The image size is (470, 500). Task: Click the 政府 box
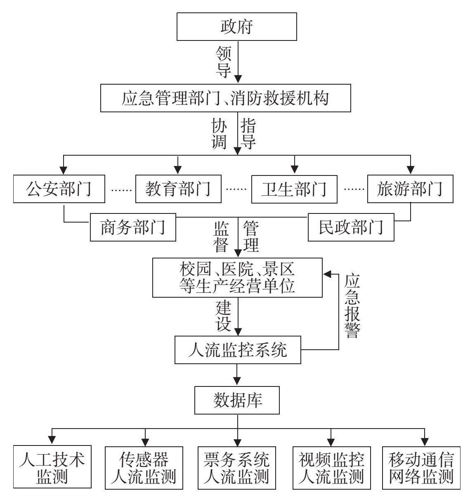237,26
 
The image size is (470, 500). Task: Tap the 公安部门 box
59,189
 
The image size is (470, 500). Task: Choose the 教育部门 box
178,189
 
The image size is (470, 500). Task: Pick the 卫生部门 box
294,189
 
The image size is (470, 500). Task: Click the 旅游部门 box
410,189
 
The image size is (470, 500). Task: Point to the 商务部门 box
133,227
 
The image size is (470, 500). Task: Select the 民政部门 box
351,227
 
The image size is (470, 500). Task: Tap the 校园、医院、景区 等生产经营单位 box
237,277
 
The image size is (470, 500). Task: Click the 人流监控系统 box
237,350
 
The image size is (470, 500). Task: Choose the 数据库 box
237,400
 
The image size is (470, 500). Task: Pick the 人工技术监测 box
52,467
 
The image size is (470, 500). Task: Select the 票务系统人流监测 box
237,467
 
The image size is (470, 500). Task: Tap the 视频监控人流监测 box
331,467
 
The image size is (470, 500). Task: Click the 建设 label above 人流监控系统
223,316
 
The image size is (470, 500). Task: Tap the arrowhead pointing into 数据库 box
237,382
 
